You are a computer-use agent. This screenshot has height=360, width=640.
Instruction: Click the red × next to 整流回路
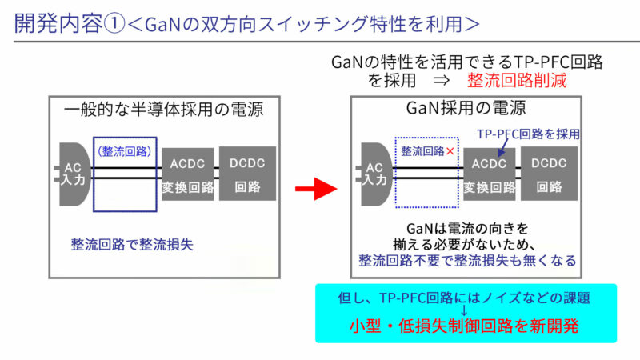pos(452,150)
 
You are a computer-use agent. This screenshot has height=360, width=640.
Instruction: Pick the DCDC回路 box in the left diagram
pos(247,174)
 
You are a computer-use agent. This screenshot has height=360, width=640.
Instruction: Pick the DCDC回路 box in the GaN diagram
pos(549,174)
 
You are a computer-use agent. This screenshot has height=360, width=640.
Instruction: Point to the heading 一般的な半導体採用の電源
pos(164,109)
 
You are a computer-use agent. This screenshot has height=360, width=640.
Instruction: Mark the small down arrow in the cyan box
pos(466,311)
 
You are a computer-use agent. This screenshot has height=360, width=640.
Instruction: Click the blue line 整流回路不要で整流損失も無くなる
pos(467,260)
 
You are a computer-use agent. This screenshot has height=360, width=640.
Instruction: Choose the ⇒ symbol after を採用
pos(441,80)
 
